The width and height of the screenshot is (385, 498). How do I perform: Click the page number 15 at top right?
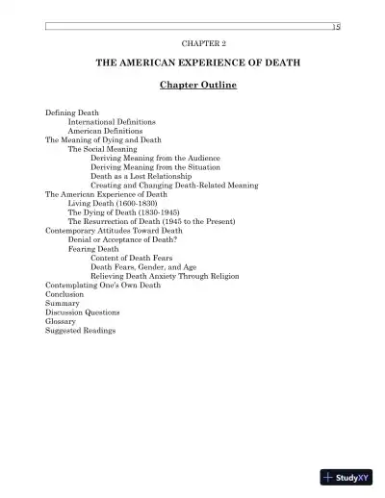pos(336,27)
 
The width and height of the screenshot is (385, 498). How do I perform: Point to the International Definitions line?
pos(113,122)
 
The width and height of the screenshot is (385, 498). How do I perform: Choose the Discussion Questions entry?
pos(83,312)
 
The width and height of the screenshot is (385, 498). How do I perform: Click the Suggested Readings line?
pos(81,331)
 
